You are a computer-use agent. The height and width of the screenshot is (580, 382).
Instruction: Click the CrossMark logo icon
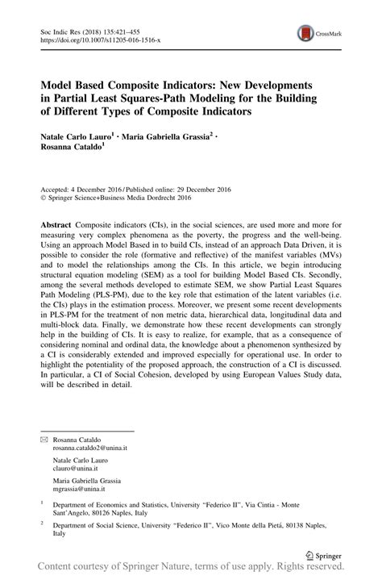click(x=306, y=33)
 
